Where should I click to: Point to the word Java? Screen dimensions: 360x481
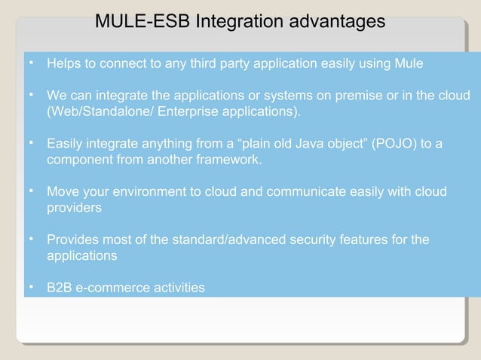coord(305,144)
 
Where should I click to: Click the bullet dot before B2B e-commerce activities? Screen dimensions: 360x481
coord(32,287)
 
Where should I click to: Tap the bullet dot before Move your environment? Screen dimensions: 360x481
coord(32,191)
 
